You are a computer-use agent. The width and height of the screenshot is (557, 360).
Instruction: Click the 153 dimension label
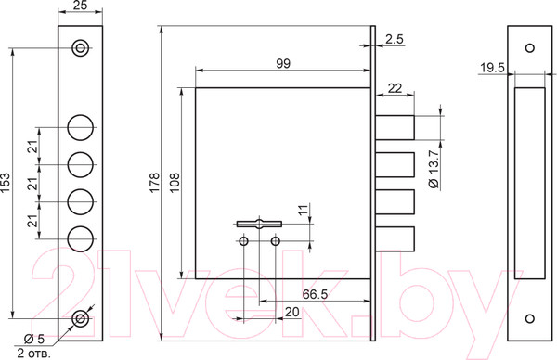click(6, 183)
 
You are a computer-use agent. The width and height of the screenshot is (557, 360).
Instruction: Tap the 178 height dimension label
click(154, 183)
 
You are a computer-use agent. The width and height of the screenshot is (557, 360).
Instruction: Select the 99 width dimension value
click(283, 63)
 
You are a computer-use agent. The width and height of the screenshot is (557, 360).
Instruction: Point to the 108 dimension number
click(175, 183)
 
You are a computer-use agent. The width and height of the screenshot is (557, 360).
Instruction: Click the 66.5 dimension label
click(315, 294)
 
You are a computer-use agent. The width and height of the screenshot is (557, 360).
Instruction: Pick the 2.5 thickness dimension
click(395, 39)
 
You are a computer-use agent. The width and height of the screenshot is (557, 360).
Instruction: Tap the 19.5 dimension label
click(492, 68)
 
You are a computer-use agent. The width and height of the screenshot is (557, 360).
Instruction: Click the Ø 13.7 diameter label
click(434, 170)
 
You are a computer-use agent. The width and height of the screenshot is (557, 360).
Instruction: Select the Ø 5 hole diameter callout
click(34, 339)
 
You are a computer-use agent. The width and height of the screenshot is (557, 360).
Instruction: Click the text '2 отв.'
click(33, 354)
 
